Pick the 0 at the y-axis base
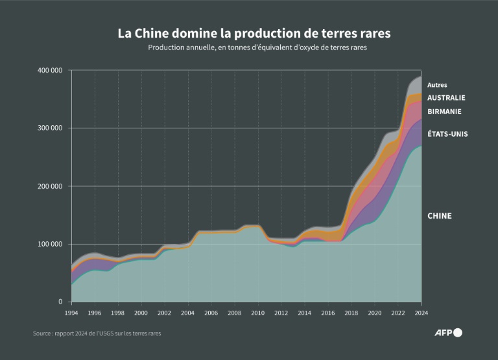60,302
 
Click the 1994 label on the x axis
71,313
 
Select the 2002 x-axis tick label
165,313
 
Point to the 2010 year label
258,313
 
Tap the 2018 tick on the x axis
351,313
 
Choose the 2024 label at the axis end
421,313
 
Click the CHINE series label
439,215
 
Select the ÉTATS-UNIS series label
447,134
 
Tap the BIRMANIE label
444,112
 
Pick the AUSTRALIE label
446,97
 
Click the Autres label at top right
437,85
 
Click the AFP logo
447,333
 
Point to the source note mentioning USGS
97,333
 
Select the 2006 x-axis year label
211,313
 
